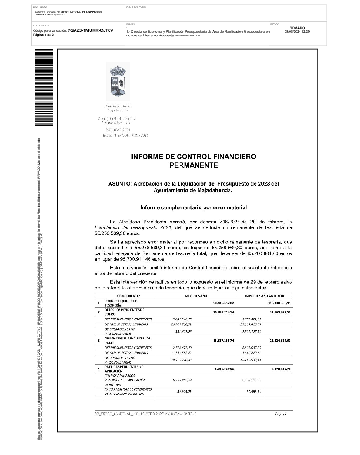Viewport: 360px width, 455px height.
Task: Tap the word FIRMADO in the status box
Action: pos(297,28)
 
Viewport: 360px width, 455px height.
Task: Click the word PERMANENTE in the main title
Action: pos(193,166)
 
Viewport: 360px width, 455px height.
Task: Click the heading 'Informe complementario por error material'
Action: pos(193,207)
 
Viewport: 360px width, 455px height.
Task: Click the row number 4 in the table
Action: pos(98,369)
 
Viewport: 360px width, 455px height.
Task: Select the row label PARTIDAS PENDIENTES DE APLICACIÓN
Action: pos(118,369)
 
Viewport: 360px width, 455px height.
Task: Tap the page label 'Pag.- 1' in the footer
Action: pos(280,414)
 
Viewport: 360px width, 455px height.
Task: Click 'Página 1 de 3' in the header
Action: pos(44,35)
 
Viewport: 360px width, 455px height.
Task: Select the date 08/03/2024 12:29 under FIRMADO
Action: pos(297,32)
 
